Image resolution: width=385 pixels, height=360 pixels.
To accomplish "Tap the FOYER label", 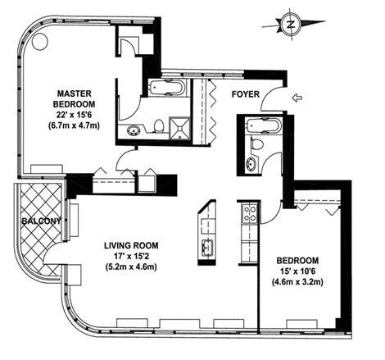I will point(246,94).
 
